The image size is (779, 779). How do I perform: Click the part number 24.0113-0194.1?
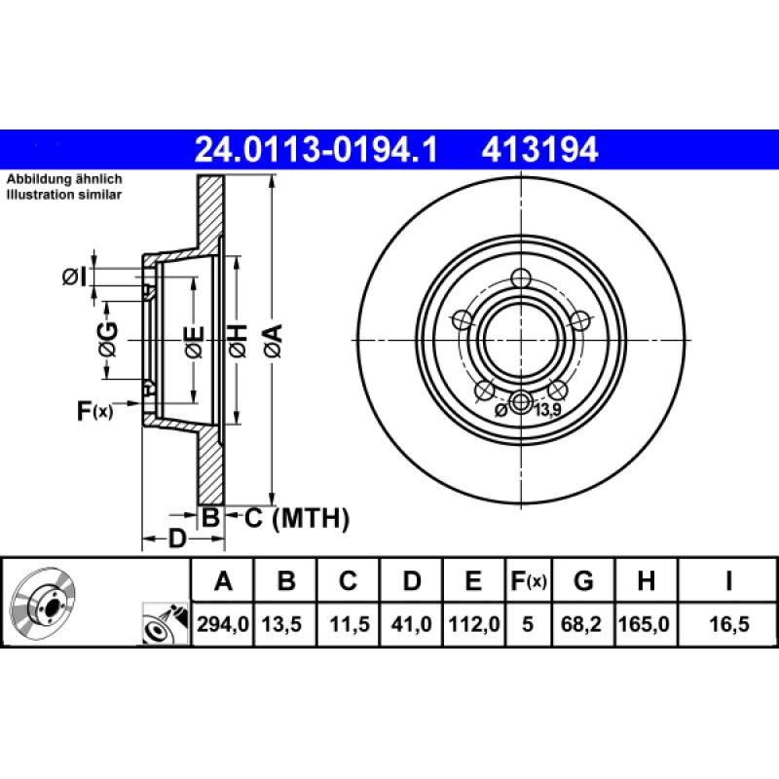(316, 149)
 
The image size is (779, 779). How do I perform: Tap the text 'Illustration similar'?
(64, 196)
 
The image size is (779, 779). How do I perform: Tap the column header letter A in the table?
(223, 582)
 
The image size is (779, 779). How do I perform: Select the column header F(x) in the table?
(529, 582)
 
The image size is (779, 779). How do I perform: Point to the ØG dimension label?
(107, 339)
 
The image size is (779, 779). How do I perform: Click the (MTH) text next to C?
(310, 519)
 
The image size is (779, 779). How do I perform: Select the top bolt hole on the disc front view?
(523, 277)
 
